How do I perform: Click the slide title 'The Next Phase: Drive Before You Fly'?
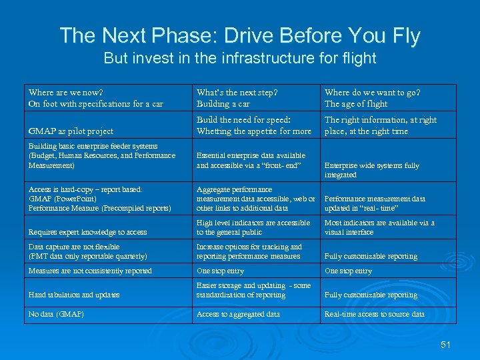tap(240, 35)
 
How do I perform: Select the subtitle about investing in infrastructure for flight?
tap(240, 59)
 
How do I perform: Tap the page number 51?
tap(446, 345)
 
